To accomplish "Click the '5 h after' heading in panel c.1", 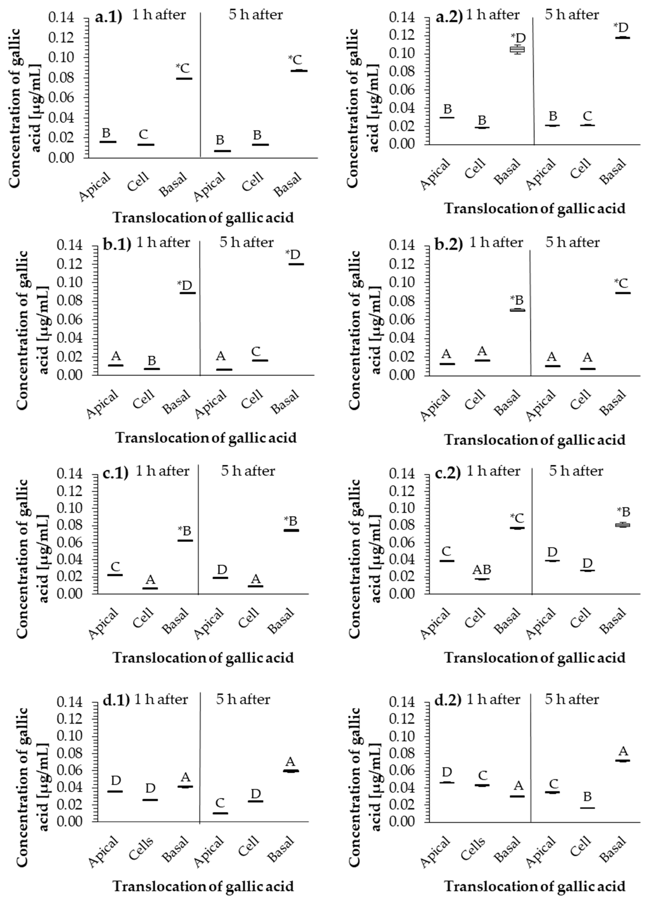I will tap(248, 471).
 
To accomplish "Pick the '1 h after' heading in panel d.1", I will tap(161, 699).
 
